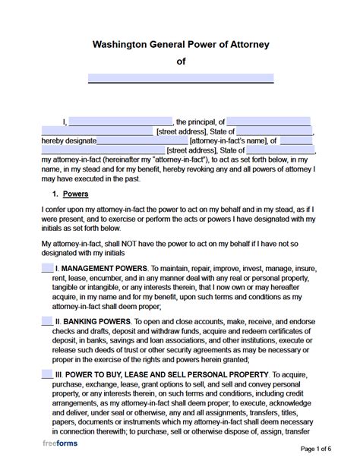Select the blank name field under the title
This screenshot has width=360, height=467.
181,78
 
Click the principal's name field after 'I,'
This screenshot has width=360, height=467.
121,121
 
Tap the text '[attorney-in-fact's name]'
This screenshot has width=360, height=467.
229,140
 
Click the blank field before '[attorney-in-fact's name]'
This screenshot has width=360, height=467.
142,140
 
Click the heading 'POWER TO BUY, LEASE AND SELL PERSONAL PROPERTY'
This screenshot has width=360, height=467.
169,376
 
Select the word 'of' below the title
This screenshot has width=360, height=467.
181,62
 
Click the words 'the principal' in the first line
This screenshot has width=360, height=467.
195,121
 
